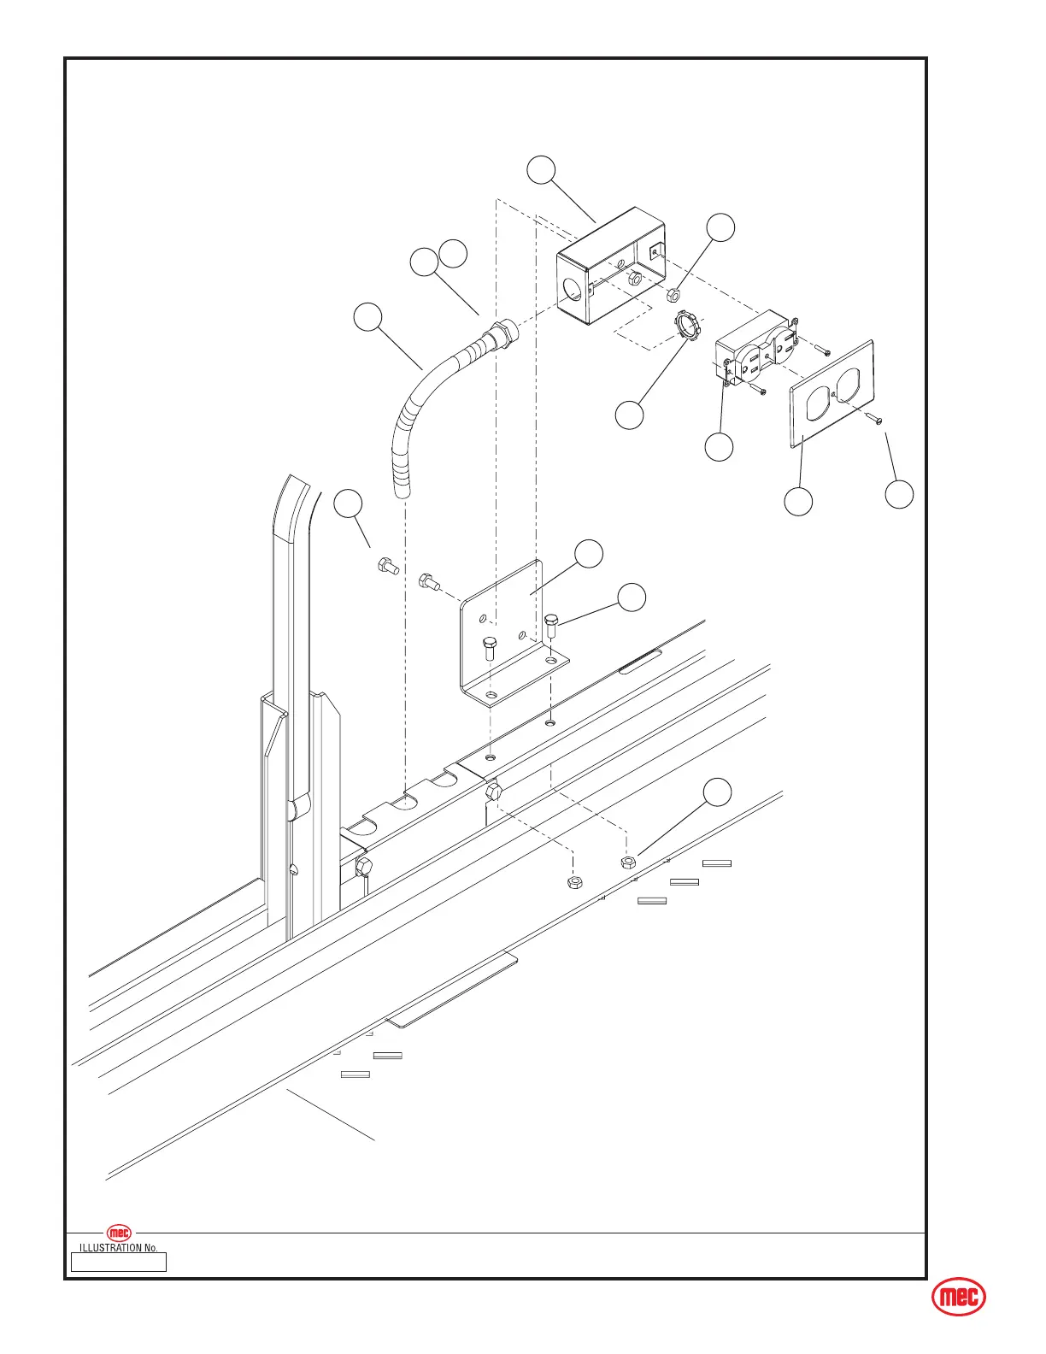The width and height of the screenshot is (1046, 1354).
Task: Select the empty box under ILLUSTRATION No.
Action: (x=118, y=1262)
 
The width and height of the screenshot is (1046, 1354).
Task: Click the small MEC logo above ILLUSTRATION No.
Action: (x=119, y=1233)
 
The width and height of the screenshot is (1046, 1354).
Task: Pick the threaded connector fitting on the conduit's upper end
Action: (x=499, y=331)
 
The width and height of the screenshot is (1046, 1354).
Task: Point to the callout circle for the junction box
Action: (x=541, y=170)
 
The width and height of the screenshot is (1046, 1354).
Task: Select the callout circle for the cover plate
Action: (x=798, y=502)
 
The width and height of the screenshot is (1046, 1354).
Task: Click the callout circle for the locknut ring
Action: (x=630, y=415)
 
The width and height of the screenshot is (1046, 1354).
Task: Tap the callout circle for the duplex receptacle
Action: (x=719, y=447)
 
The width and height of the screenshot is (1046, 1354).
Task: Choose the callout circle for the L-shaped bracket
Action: (x=589, y=553)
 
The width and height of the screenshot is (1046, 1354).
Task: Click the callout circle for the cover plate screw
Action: (x=899, y=494)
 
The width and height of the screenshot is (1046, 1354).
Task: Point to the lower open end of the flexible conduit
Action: (x=401, y=490)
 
